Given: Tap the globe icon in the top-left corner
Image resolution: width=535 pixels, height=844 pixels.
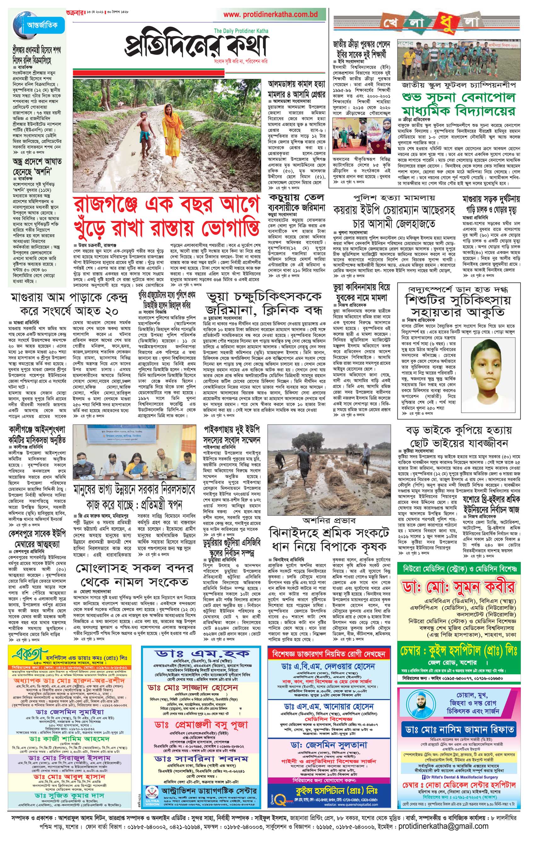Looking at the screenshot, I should click(x=19, y=25).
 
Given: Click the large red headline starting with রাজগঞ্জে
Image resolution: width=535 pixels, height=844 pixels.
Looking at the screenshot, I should click(x=166, y=217).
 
